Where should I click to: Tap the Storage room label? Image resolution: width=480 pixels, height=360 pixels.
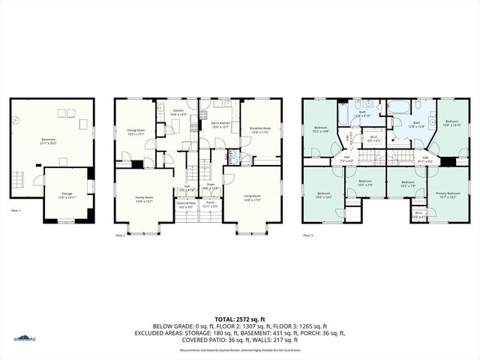click(67, 194)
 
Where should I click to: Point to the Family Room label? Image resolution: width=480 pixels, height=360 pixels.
click(144, 199)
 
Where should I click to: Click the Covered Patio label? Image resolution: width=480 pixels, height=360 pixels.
click(187, 205)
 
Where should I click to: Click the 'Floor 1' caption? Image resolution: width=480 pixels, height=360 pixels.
click(15, 211)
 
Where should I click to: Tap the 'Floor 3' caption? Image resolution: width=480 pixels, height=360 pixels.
click(307, 235)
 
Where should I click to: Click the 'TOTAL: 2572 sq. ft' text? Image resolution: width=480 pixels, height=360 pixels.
click(240, 318)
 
